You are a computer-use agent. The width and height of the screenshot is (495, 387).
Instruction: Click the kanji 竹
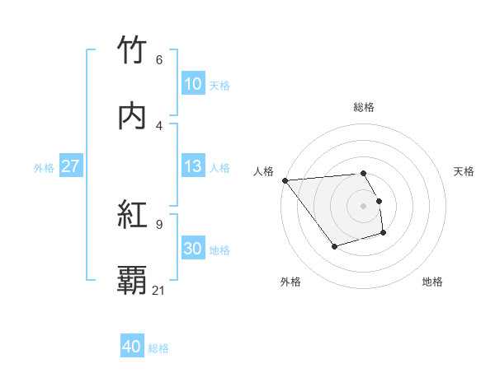[x=132, y=50]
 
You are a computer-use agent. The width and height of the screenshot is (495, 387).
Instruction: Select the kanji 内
[x=132, y=116]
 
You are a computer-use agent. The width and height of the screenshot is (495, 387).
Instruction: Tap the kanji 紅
[x=132, y=215]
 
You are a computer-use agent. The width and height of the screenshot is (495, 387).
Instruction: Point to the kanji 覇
[x=132, y=281]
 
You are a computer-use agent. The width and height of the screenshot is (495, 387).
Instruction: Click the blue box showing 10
[x=193, y=84]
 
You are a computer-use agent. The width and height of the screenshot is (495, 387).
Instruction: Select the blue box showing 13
[x=193, y=166]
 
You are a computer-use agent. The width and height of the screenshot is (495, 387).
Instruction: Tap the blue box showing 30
[x=193, y=249]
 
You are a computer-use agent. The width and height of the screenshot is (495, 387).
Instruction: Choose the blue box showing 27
[x=71, y=166]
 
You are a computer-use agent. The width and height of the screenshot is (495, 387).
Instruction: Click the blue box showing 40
[x=132, y=347]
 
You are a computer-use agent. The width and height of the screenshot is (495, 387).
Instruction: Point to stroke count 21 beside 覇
[x=159, y=290]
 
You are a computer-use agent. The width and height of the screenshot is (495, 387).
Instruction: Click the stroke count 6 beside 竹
[x=159, y=59]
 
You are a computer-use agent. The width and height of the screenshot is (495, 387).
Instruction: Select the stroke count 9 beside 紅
[x=159, y=224]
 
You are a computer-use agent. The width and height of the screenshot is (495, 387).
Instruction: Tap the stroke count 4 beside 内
[x=159, y=125]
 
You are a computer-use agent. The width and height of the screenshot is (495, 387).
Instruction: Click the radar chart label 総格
[x=364, y=107]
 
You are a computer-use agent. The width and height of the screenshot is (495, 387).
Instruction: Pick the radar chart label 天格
[x=464, y=171]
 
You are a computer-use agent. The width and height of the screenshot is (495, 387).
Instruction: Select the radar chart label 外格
[x=290, y=282]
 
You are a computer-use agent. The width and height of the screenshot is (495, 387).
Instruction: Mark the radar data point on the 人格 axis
[x=285, y=180]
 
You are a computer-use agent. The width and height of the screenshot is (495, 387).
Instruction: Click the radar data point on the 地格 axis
[x=384, y=234]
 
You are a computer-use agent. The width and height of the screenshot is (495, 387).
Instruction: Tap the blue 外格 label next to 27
[x=44, y=167]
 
